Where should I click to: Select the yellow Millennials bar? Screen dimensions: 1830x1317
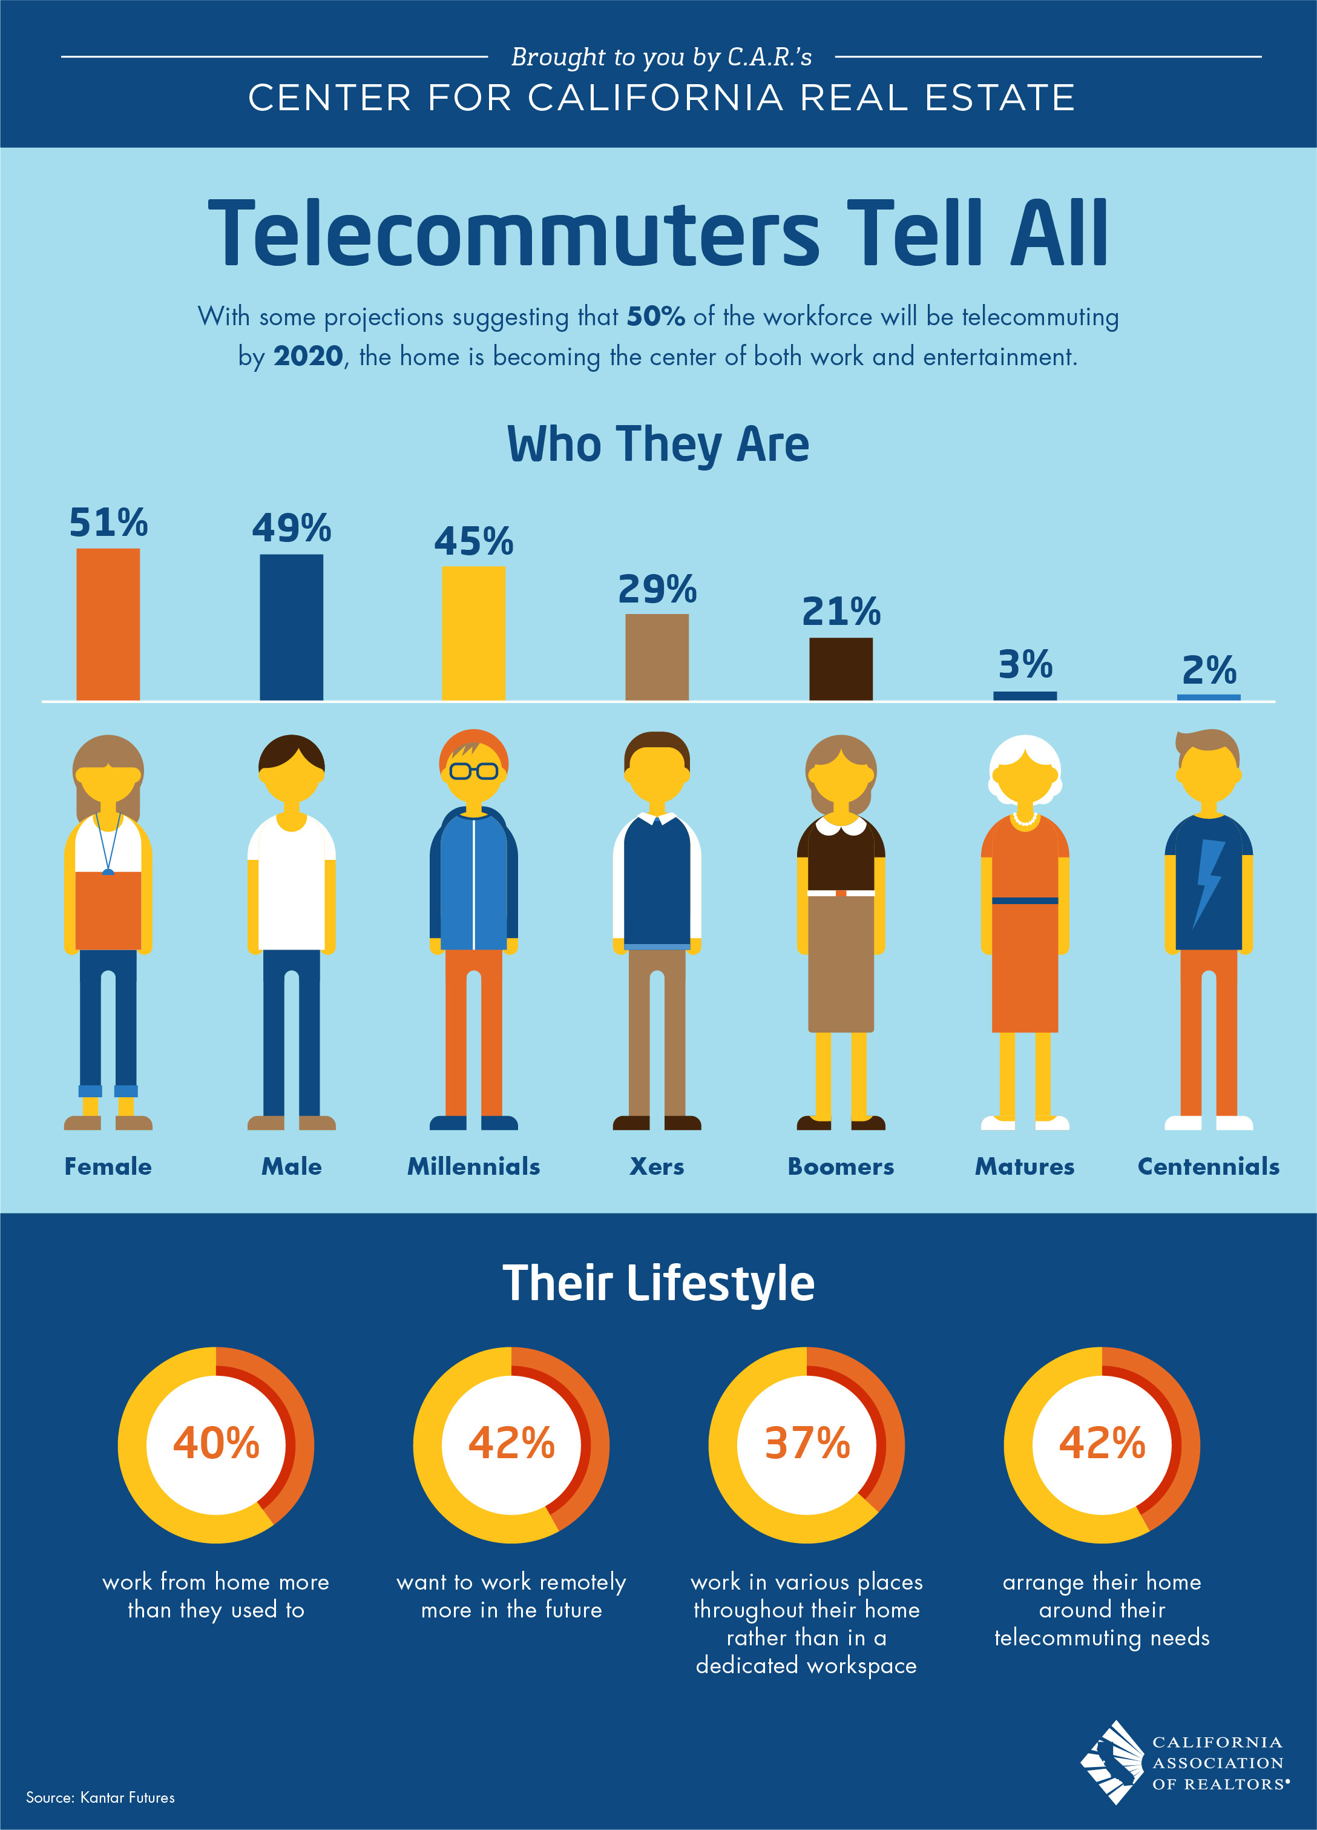[x=473, y=633]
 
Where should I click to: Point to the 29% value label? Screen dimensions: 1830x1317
[x=657, y=590]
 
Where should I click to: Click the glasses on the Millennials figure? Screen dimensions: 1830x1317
[x=473, y=770]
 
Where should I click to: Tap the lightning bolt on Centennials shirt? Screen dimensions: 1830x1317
[x=1208, y=879]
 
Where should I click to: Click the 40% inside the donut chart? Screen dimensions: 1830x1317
[x=216, y=1444]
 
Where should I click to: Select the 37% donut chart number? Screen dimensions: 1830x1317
[x=807, y=1444]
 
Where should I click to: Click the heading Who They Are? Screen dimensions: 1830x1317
[x=658, y=444]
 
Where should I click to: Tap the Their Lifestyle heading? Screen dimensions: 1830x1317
[x=658, y=1284]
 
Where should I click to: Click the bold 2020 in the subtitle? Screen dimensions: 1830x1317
[x=308, y=356]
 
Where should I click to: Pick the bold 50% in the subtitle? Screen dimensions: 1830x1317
[x=655, y=316]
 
